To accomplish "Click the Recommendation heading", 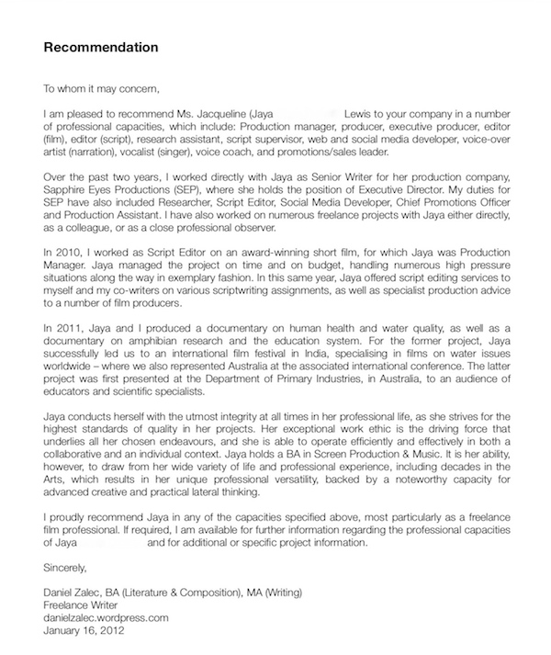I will pyautogui.click(x=101, y=47).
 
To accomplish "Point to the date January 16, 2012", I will pyautogui.click(x=84, y=632).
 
